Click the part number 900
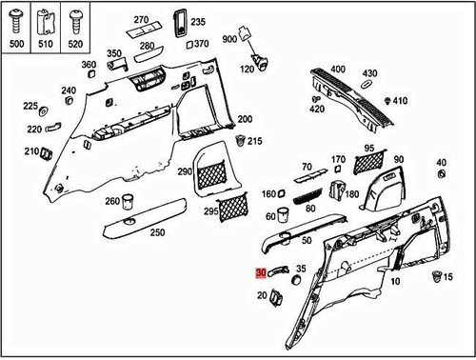coord(228,39)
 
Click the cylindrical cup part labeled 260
coord(129,202)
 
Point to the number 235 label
coord(198,21)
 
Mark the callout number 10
coord(394,283)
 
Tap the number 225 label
coord(30,106)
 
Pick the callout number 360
coord(89,65)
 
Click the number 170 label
coord(338,159)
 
